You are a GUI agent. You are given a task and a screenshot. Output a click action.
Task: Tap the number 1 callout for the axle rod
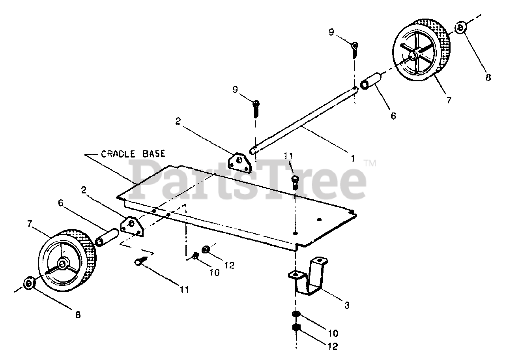[x=352, y=159]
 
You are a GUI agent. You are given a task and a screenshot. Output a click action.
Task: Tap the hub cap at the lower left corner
[x=29, y=284]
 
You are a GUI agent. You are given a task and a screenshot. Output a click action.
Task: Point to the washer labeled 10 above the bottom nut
[x=296, y=314]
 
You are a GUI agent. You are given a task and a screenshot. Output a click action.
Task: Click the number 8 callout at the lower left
[x=77, y=315]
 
